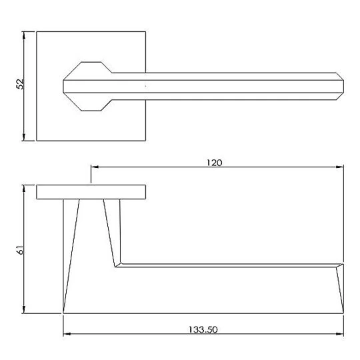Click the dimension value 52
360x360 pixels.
[x=20, y=84]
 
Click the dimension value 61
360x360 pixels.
[x=20, y=249]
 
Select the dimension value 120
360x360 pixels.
[x=214, y=163]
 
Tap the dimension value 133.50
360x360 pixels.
[x=203, y=330]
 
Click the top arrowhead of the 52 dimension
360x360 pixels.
[x=24, y=35]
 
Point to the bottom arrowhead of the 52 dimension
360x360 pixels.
[x=24, y=137]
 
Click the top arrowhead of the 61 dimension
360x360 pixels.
[x=24, y=188]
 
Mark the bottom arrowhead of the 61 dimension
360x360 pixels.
[x=24, y=310]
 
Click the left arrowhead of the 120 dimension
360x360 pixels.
[x=95, y=167]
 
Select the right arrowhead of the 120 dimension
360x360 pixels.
[x=340, y=167]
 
